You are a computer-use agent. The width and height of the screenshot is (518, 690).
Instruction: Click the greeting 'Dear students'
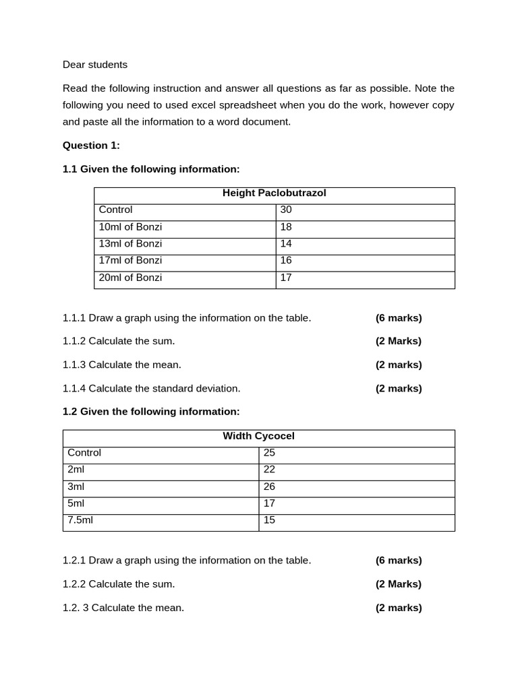[94, 65]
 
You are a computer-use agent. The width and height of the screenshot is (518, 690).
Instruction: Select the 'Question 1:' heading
[91, 146]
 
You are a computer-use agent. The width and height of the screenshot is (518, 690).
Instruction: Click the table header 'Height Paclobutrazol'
[274, 193]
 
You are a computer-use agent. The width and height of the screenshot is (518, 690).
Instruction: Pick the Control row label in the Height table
[115, 210]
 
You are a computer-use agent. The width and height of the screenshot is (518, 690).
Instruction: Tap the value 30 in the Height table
[286, 210]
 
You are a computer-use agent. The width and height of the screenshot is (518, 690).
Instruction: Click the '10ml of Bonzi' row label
[130, 227]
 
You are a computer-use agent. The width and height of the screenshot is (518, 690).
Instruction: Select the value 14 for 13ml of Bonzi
[286, 244]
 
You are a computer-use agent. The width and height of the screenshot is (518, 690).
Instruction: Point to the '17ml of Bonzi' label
[130, 261]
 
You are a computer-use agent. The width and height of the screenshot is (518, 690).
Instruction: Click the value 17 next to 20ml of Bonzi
[286, 278]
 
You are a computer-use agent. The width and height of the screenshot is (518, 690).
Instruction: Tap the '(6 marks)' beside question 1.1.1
[399, 318]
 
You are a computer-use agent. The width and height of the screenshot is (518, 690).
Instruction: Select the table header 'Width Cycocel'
[258, 436]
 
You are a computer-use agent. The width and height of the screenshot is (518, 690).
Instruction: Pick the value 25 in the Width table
[269, 453]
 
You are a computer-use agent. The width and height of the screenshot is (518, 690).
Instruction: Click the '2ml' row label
[76, 470]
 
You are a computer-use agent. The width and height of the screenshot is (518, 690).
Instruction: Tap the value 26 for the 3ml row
[269, 487]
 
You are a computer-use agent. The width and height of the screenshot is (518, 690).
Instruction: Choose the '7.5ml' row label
[80, 520]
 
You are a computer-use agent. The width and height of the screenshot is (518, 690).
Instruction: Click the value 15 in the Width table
[269, 520]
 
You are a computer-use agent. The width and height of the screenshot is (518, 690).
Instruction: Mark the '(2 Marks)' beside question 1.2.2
[399, 584]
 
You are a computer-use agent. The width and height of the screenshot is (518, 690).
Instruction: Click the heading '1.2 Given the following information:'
[151, 412]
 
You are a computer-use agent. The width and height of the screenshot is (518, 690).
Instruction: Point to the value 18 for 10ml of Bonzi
[286, 227]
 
